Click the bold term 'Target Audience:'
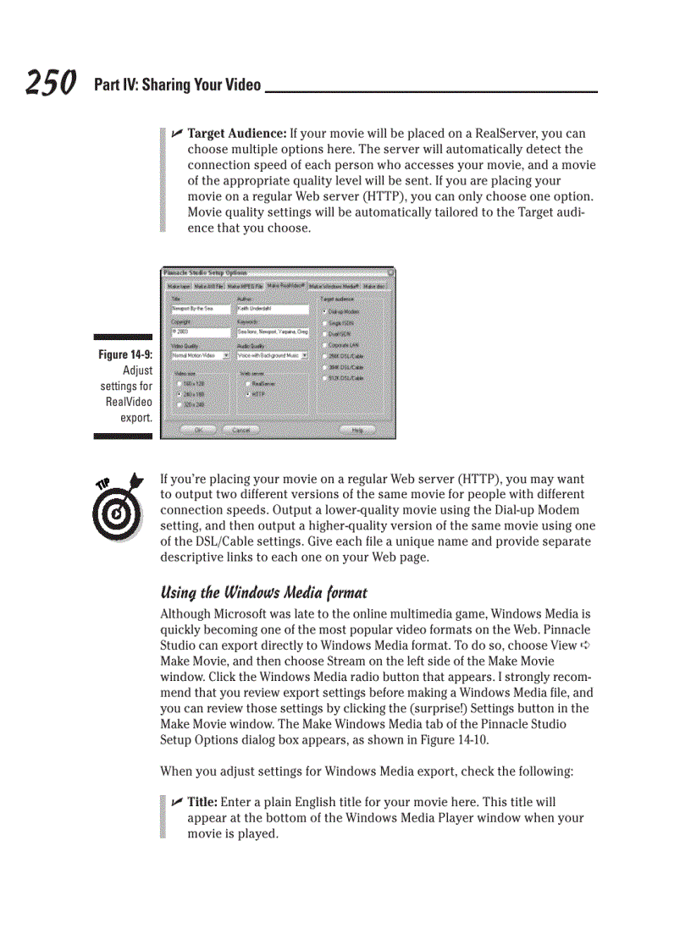[236, 134]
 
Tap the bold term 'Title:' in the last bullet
[202, 802]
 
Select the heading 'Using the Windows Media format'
[263, 592]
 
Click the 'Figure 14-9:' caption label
[125, 354]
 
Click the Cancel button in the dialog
[241, 430]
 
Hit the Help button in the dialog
[357, 430]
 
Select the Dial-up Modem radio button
[325, 312]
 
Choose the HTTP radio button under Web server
[247, 394]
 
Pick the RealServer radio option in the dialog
[247, 383]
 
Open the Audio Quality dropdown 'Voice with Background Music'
[272, 356]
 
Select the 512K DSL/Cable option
[325, 378]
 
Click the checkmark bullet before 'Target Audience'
[177, 134]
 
